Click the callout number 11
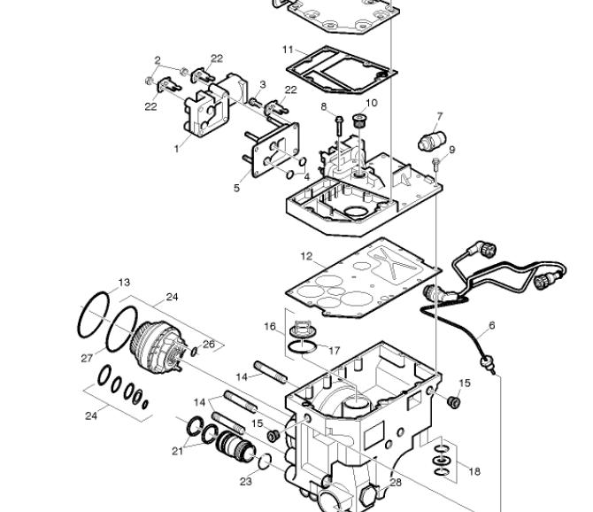(288, 50)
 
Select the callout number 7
(440, 116)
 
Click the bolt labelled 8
(339, 126)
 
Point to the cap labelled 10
(358, 120)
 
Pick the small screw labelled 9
(436, 165)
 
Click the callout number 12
(306, 257)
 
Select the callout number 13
(124, 283)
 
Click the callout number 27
(87, 358)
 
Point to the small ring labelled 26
(194, 352)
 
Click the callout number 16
(270, 326)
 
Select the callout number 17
(334, 351)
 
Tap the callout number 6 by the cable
(491, 325)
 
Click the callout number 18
(474, 471)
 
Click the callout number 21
(177, 451)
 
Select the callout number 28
(396, 483)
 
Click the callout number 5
(236, 188)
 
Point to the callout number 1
(176, 149)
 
